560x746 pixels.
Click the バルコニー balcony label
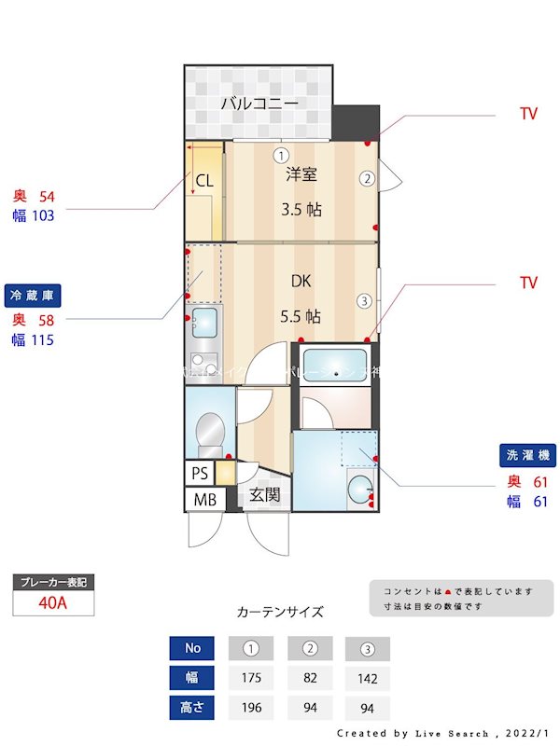point(259,104)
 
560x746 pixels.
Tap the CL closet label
point(204,181)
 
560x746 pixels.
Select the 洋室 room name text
point(301,174)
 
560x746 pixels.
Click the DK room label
point(301,281)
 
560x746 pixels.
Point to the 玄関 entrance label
point(264,494)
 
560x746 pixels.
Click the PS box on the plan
point(200,473)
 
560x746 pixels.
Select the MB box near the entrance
point(204,500)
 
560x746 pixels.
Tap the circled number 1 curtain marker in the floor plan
point(281,155)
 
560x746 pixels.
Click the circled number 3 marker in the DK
point(364,300)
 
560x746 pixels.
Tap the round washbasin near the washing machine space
point(358,488)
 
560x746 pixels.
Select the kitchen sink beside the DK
point(203,324)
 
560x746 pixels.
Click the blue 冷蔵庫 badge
point(32,295)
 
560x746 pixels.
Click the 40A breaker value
point(53,602)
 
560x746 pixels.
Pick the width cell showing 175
point(250,678)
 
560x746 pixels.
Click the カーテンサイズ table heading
point(280,613)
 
